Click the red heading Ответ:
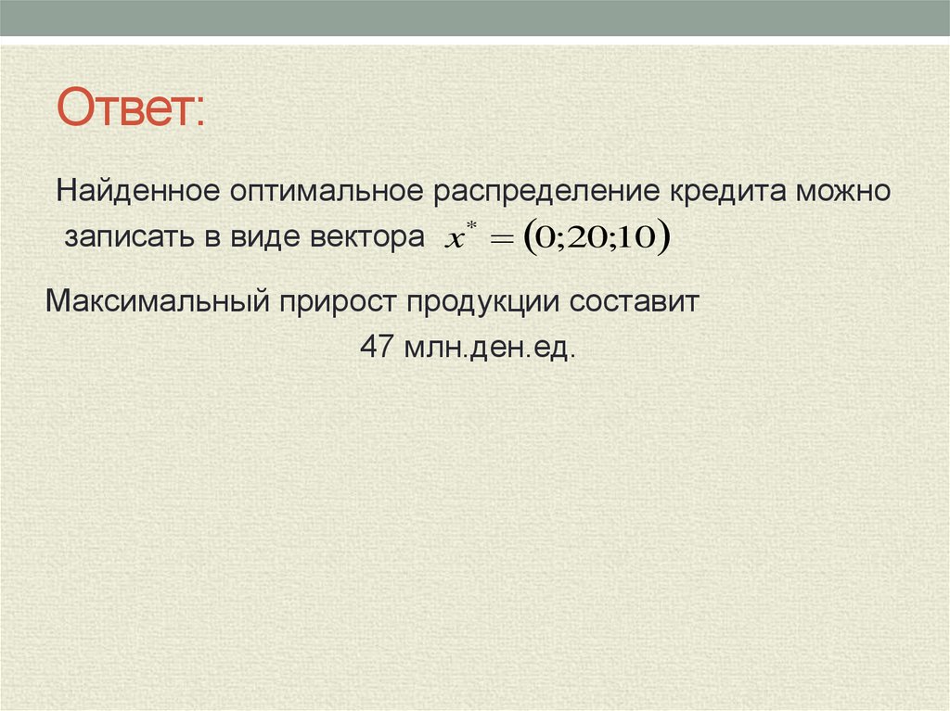pyautogui.click(x=134, y=108)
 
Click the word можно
pyautogui.click(x=845, y=193)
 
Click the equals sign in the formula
pyautogui.click(x=501, y=240)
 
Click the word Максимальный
pyautogui.click(x=157, y=302)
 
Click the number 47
pyautogui.click(x=377, y=349)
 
